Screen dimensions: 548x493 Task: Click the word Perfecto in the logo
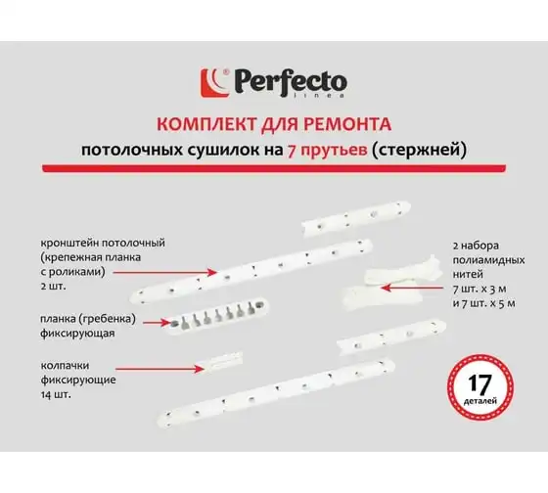[x=291, y=82]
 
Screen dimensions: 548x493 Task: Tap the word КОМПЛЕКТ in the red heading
[x=205, y=124]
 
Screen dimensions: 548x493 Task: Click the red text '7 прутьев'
[x=327, y=151]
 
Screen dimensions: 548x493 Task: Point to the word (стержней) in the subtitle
[x=419, y=151]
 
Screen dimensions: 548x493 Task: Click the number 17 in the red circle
[x=480, y=383]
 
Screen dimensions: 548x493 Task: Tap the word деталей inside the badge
[x=480, y=401]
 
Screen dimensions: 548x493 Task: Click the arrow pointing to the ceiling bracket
[x=165, y=272]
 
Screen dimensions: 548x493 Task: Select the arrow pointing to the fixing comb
[x=157, y=322]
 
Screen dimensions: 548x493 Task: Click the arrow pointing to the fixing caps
[x=160, y=368]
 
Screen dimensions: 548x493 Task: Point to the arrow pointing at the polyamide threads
[x=412, y=288]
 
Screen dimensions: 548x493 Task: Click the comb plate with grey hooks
[x=216, y=315]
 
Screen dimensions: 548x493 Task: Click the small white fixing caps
[x=224, y=362]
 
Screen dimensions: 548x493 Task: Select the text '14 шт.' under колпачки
[x=56, y=395]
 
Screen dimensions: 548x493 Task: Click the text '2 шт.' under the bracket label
[x=53, y=287]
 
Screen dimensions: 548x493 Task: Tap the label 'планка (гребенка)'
[x=88, y=319]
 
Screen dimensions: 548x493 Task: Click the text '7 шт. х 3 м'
[x=479, y=289]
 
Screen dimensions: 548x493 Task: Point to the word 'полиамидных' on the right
[x=488, y=260]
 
